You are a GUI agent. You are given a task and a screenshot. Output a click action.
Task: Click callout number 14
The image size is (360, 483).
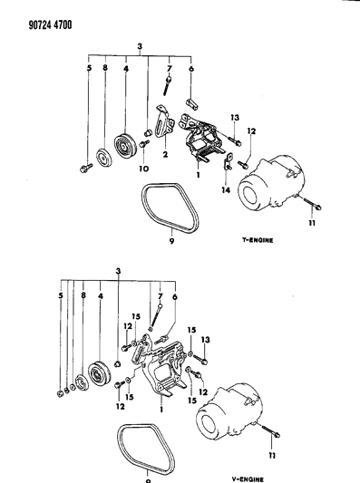(x=225, y=190)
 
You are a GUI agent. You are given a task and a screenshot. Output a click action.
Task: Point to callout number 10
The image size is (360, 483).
(x=141, y=169)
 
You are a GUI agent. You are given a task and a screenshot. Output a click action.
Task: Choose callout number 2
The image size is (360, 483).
(x=166, y=154)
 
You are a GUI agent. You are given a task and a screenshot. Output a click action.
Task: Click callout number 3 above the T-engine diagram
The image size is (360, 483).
(x=140, y=46)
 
